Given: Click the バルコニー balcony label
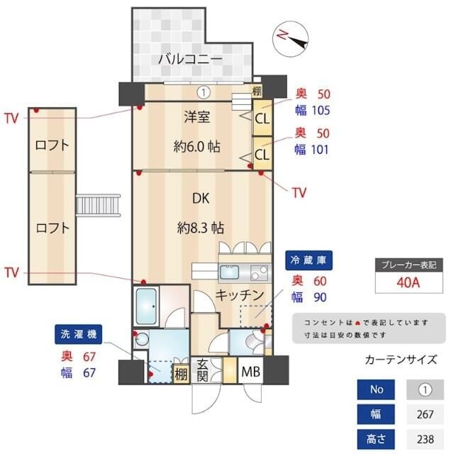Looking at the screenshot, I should tap(189, 58).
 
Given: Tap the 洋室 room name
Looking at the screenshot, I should tap(196, 118).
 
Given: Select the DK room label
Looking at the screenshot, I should tap(199, 199).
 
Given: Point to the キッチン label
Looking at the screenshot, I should tap(240, 294).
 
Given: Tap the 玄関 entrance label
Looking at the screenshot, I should tap(202, 370).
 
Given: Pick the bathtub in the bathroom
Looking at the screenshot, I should tap(150, 306).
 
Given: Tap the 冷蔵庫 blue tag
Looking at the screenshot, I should tap(309, 260).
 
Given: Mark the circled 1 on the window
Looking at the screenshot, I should tap(203, 91).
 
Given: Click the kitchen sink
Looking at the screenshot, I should tap(231, 272).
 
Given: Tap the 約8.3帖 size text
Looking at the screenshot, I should tap(201, 228).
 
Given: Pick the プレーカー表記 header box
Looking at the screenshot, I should tap(409, 264).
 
